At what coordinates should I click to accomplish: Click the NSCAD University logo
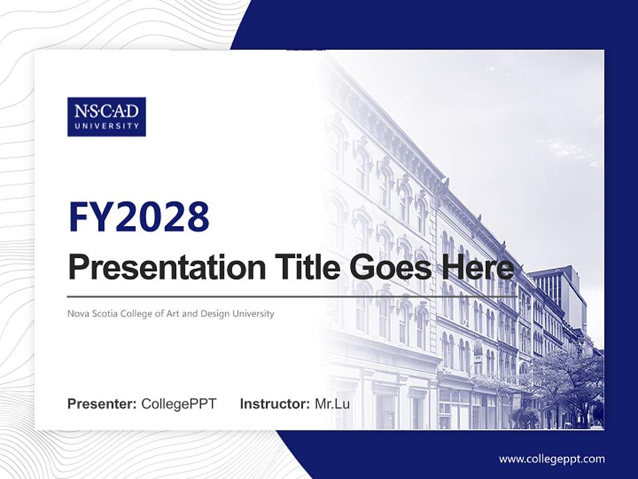106,116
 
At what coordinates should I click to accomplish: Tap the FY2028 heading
139,218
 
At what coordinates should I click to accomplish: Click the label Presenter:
102,404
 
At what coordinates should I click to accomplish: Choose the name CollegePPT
179,404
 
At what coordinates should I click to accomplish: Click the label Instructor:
274,404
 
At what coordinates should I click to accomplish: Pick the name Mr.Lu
332,404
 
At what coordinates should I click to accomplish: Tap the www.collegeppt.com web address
552,459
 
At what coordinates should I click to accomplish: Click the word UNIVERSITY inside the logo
106,126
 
